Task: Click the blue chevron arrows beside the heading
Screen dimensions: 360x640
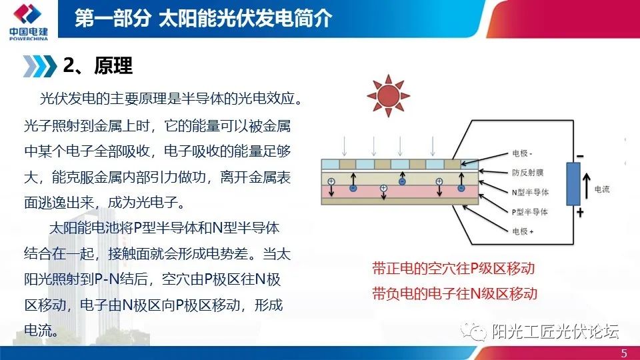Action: pyautogui.click(x=40, y=65)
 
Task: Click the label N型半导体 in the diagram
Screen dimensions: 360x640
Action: pyautogui.click(x=529, y=191)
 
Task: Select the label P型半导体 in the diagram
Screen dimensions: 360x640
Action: pyautogui.click(x=529, y=211)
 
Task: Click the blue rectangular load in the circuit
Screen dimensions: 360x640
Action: pyautogui.click(x=573, y=183)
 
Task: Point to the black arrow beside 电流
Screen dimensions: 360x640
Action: pyautogui.click(x=587, y=186)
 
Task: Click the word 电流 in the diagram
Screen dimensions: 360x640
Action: pyautogui.click(x=603, y=189)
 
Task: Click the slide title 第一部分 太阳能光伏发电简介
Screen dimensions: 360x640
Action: pyautogui.click(x=203, y=18)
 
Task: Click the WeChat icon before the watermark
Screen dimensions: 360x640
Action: pyautogui.click(x=478, y=331)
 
